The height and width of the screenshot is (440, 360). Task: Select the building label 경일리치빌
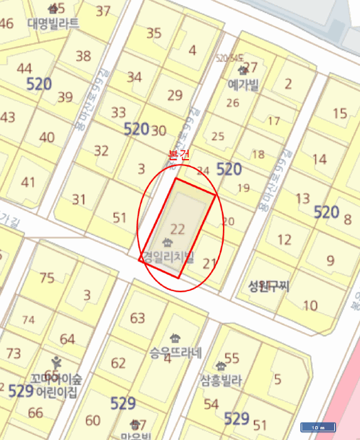(x=168, y=257)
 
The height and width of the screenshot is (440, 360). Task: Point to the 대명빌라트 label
(x=53, y=23)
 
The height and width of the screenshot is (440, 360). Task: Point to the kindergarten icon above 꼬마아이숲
(x=57, y=363)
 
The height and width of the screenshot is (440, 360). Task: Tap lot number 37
(x=103, y=11)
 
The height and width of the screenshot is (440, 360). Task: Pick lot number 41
(x=28, y=182)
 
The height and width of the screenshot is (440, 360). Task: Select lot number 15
(x=340, y=113)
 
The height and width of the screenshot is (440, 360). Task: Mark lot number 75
(x=47, y=278)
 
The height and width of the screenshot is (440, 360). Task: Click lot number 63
(x=138, y=317)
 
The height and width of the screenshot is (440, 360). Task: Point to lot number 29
(x=175, y=96)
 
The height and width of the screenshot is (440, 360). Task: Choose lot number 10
(x=310, y=305)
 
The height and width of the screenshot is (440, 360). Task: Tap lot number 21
(x=210, y=263)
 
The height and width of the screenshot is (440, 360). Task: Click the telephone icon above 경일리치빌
(x=167, y=242)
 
